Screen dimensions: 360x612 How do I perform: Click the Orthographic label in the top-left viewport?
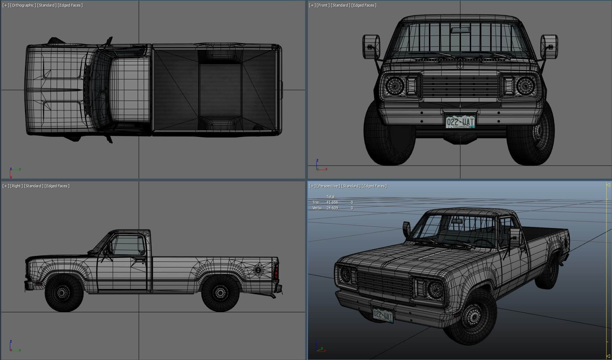pyautogui.click(x=23, y=5)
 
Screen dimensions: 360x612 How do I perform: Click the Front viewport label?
pyautogui.click(x=323, y=5)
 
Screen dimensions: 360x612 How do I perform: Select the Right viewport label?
pyautogui.click(x=16, y=186)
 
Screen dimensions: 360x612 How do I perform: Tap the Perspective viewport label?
pyautogui.click(x=328, y=186)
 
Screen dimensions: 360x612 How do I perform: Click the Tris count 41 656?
pyautogui.click(x=332, y=202)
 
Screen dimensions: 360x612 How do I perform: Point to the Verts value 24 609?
pyautogui.click(x=332, y=208)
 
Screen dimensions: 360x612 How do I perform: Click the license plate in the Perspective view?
pyautogui.click(x=383, y=315)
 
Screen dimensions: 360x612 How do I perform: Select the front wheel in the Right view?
pyautogui.click(x=64, y=293)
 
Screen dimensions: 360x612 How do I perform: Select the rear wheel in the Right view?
pyautogui.click(x=220, y=293)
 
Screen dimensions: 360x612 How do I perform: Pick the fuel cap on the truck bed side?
pyautogui.click(x=258, y=270)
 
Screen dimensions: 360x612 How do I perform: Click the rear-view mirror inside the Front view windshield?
pyautogui.click(x=460, y=30)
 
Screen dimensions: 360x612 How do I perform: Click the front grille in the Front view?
pyautogui.click(x=460, y=86)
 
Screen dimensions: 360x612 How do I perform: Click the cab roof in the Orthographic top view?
pyautogui.click(x=129, y=89)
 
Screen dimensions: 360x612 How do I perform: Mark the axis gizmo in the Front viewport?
pyautogui.click(x=320, y=166)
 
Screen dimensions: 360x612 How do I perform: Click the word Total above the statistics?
pyautogui.click(x=330, y=197)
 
